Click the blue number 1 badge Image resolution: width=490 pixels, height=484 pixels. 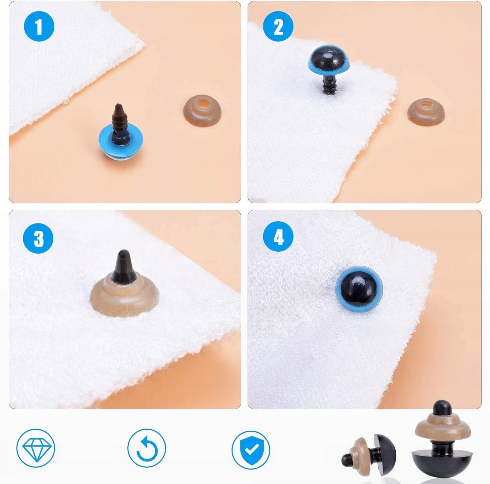click(39, 26)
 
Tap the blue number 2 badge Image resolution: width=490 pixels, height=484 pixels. click(278, 26)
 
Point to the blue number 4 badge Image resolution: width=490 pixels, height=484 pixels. click(278, 238)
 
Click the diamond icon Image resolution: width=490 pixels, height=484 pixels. click(36, 448)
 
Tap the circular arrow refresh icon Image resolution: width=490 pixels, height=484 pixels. click(147, 448)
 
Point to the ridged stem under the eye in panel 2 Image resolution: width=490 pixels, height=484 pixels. click(330, 84)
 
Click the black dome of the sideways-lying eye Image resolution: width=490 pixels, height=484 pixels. click(386, 453)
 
